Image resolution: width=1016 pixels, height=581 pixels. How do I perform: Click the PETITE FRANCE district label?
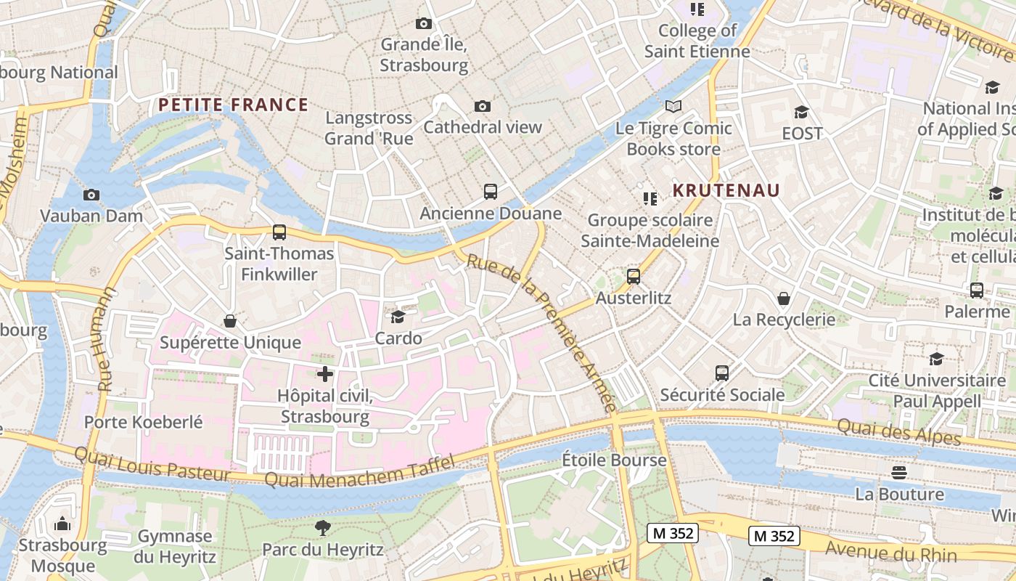(x=233, y=105)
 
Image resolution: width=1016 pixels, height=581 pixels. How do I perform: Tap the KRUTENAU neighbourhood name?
(x=726, y=190)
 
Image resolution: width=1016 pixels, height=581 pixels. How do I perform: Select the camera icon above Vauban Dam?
(x=91, y=195)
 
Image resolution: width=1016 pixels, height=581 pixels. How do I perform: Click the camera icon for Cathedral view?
(x=483, y=106)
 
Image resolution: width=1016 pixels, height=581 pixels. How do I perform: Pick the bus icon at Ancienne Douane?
(x=491, y=192)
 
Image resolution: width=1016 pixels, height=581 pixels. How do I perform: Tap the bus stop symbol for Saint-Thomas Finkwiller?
(x=279, y=232)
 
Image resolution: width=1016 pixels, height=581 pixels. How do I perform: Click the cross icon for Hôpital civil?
(x=325, y=374)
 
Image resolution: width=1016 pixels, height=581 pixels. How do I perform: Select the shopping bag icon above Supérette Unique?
(x=230, y=321)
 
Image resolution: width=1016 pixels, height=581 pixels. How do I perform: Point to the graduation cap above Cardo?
(x=398, y=317)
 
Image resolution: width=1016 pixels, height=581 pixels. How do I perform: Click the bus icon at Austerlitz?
(x=634, y=277)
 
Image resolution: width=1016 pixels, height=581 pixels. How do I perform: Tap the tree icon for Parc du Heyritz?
(x=323, y=528)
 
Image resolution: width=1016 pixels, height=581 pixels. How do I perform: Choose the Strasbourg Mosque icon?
(x=62, y=524)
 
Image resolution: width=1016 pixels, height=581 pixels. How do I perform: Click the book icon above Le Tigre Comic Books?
(x=673, y=107)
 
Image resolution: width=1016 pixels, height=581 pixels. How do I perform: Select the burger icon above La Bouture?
(x=899, y=473)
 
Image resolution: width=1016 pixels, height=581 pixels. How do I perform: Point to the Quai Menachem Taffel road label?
(x=359, y=471)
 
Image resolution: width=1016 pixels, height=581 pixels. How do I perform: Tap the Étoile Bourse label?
(x=614, y=460)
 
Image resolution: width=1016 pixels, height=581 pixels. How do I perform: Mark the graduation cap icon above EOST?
(x=801, y=112)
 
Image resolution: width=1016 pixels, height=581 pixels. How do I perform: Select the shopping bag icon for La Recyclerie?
(x=784, y=298)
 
